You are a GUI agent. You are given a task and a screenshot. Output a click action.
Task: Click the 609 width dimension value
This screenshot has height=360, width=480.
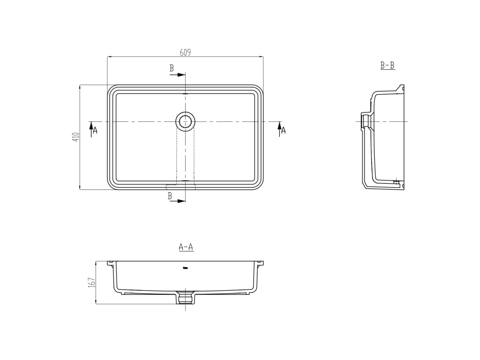pos(185,52)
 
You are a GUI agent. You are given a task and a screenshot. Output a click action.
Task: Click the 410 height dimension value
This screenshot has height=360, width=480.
pos(76,137)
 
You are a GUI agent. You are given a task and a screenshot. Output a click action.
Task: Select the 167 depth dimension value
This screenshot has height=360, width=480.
pos(92,282)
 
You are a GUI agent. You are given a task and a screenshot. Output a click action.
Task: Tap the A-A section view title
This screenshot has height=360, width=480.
pos(186,247)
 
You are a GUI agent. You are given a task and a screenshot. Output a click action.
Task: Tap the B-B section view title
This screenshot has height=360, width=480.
pos(388,66)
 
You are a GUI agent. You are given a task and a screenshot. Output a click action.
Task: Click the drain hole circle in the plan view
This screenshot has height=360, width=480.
pos(185,121)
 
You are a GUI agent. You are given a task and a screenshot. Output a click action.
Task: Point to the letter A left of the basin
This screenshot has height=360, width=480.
pos(95,130)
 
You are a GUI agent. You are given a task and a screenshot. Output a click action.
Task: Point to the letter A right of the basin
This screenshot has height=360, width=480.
pos(283,131)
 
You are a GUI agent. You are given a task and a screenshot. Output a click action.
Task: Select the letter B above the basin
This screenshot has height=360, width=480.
pos(172,68)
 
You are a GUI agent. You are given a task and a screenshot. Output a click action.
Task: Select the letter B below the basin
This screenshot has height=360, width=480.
pos(170,196)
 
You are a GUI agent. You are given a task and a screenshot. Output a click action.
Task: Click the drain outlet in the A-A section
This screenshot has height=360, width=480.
pos(186,298)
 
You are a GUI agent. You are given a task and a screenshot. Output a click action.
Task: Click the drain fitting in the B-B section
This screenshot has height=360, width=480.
pos(366,121)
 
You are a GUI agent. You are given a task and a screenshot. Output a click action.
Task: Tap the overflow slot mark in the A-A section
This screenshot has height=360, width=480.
pos(186,268)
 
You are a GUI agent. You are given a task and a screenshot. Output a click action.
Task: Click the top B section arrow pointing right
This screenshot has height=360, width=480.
pos(178,75)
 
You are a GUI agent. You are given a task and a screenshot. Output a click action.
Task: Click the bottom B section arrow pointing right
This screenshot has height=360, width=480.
pos(178,201)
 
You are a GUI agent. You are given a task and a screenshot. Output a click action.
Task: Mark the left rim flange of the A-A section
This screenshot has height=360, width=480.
pos(111,263)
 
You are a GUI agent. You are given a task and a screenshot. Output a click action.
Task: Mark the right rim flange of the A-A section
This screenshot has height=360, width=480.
pos(260,263)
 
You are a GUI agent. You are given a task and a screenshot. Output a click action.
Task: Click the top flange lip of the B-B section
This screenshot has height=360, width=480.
pos(400,88)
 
